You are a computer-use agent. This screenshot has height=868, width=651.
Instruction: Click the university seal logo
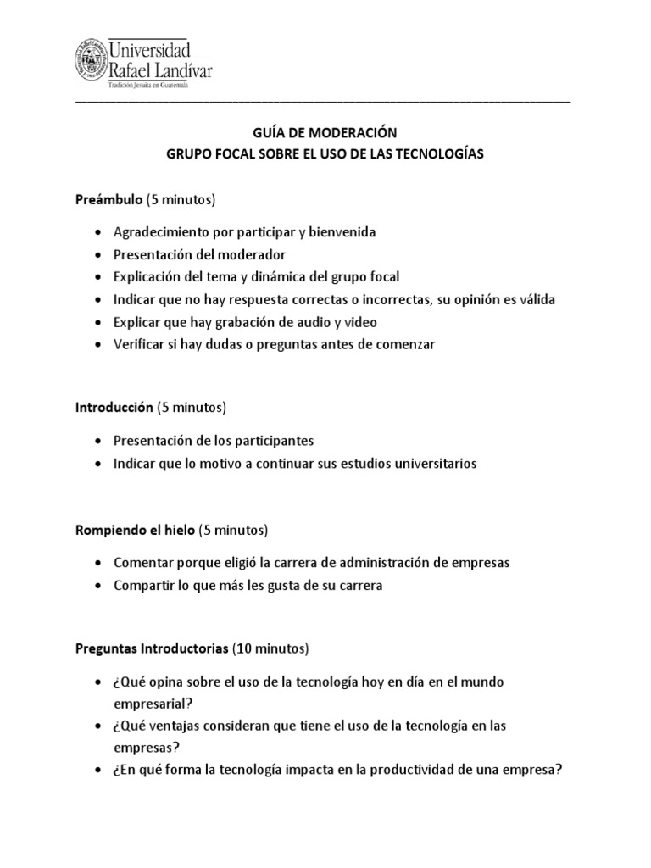(89, 62)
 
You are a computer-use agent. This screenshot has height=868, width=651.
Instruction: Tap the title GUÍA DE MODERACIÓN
(325, 132)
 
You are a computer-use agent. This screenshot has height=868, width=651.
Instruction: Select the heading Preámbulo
(108, 200)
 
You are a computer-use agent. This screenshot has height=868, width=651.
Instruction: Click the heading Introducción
(114, 408)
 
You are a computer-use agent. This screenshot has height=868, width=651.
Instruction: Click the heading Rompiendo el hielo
(136, 531)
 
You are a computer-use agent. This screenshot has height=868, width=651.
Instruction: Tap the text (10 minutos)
(271, 649)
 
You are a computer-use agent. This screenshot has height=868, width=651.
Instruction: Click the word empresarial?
(151, 704)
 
